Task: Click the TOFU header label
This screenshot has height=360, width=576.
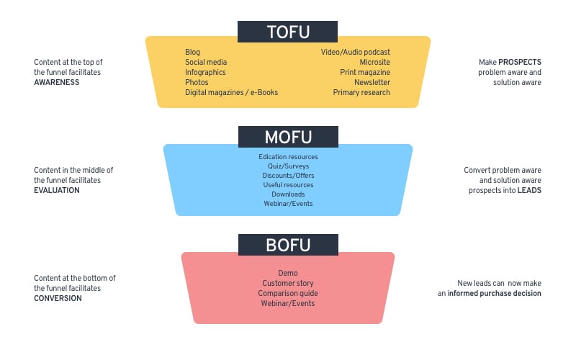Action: coord(287,32)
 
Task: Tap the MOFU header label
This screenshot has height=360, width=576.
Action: coord(288,137)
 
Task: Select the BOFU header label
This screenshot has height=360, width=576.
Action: coord(288,245)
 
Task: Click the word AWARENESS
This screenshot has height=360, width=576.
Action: coord(57,82)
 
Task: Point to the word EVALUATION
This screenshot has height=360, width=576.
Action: coord(57,190)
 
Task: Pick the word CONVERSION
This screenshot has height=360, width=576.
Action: coord(58,298)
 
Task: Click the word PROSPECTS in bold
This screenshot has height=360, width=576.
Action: coord(519,62)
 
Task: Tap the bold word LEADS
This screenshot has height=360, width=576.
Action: coord(529,190)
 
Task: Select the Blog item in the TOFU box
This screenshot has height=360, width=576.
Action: coord(192,52)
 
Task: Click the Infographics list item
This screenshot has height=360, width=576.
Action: coord(205,73)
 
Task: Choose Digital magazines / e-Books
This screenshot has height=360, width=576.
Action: coord(231,93)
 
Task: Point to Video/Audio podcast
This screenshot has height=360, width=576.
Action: coord(355,52)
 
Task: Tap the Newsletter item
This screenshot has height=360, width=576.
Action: coord(372,82)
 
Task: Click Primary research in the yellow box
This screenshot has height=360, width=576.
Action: coord(361,93)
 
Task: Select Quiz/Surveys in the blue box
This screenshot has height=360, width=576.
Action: coord(288,166)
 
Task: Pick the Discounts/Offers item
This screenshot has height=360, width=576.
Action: coord(288,176)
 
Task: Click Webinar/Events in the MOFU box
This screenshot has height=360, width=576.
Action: coord(288,204)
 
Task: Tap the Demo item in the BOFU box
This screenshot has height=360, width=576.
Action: coord(287,273)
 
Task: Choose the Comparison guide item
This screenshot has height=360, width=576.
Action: coord(287,293)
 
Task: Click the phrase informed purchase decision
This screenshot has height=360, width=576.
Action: coord(494,293)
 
